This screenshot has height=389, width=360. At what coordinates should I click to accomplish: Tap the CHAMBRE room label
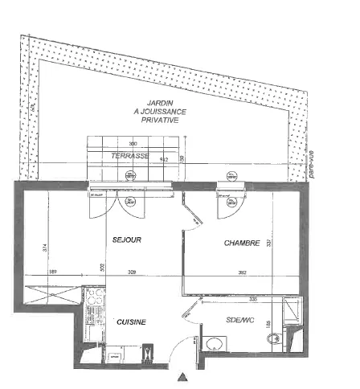tap(241, 244)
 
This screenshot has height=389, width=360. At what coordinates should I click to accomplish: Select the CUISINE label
tap(130, 321)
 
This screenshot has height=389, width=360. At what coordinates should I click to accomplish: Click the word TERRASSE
tap(129, 155)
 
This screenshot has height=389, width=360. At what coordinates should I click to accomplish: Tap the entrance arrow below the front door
tap(184, 377)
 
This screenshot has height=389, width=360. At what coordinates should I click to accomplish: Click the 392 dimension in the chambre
tap(241, 273)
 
